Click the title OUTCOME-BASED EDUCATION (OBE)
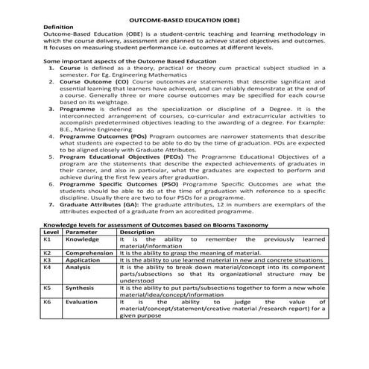point(184,17)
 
